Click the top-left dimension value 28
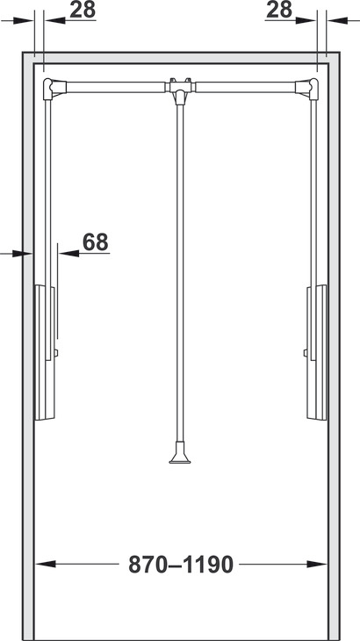coord(83,10)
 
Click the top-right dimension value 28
coord(279,10)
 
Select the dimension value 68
coord(95,242)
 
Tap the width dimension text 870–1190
coord(181,565)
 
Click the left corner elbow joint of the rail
coord(53,89)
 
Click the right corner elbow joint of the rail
coord(307,89)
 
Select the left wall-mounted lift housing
coord(45,352)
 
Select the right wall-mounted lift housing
coord(317,352)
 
